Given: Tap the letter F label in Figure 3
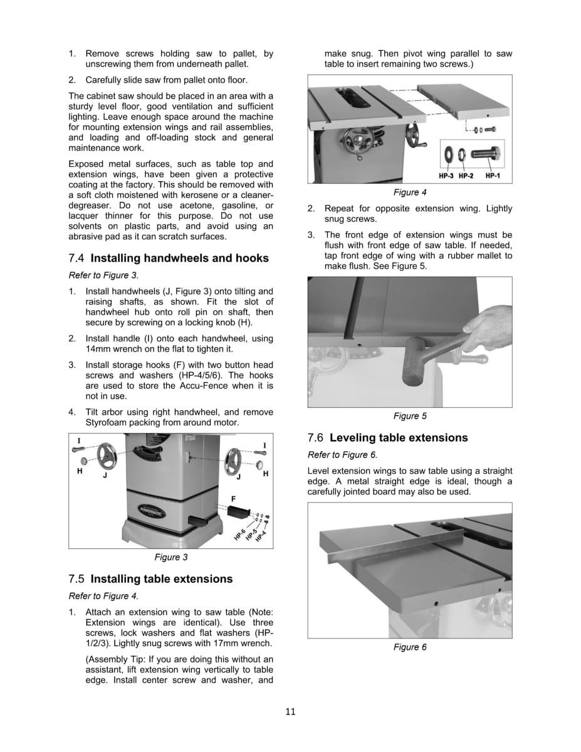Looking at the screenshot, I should [x=233, y=499].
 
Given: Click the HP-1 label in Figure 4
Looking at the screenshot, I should [x=493, y=176].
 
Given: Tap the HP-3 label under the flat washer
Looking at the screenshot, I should [x=446, y=176].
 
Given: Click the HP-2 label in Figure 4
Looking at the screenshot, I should [x=465, y=176].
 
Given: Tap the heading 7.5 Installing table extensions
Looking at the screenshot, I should [x=150, y=578].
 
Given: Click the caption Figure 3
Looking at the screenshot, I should [x=171, y=556].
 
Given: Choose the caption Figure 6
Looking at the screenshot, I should [x=410, y=647].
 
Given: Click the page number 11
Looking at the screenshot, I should [x=290, y=711].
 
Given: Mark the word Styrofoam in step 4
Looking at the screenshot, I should [x=107, y=423].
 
